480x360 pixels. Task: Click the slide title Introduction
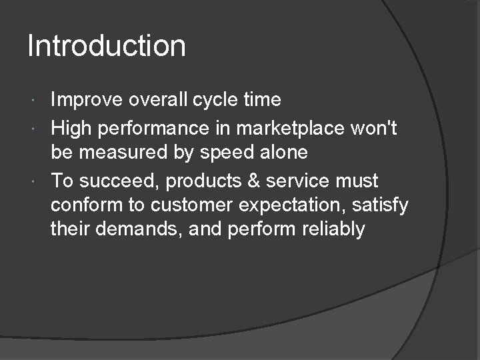(x=107, y=47)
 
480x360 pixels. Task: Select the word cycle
(x=219, y=101)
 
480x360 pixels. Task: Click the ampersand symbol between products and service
(x=254, y=181)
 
